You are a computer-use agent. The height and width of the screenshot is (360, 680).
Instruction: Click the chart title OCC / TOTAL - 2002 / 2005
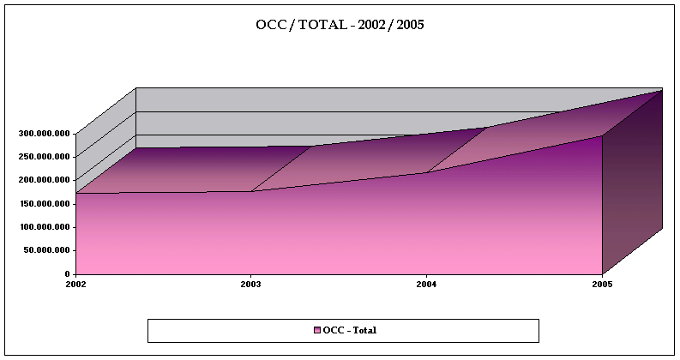[x=340, y=24]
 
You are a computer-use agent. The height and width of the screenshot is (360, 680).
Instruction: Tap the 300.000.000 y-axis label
[x=45, y=134]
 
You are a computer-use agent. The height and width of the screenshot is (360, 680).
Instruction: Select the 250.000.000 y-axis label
[x=45, y=157]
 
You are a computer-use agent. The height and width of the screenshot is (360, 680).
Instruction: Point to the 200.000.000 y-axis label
[x=45, y=180]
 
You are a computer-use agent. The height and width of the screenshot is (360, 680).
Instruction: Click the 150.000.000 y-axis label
[x=45, y=204]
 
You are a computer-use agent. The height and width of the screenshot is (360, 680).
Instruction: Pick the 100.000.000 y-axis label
[x=45, y=227]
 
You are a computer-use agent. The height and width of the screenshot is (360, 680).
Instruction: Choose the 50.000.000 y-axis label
[x=48, y=250]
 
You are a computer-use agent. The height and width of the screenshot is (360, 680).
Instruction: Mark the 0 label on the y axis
[x=69, y=273]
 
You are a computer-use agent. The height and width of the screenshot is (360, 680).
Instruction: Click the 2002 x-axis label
[x=75, y=284]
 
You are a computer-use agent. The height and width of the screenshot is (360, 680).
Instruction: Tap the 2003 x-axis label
[x=250, y=284]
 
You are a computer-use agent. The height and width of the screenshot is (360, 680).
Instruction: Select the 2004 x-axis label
[x=426, y=284]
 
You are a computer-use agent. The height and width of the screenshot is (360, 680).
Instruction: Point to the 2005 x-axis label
[x=602, y=284]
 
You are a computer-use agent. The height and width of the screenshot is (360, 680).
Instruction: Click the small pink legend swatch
[x=316, y=331]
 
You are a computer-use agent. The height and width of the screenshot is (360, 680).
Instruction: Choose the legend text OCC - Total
[x=350, y=331]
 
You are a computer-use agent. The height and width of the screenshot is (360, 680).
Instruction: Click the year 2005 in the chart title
[x=409, y=24]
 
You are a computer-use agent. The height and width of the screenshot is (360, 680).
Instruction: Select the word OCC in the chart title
[x=270, y=24]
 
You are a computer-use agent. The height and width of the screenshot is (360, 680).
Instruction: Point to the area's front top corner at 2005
[x=602, y=135]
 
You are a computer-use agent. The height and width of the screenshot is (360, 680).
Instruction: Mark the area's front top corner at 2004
[x=426, y=173]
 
